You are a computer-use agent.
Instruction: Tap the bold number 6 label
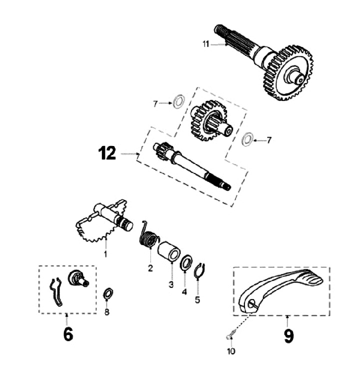pyautogui.click(x=68, y=334)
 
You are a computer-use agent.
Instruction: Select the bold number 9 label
pyautogui.click(x=288, y=335)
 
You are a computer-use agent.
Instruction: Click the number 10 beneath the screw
pyautogui.click(x=230, y=351)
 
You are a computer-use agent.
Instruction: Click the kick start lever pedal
pyautogui.click(x=280, y=289)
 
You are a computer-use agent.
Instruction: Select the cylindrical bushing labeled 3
pyautogui.click(x=170, y=249)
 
